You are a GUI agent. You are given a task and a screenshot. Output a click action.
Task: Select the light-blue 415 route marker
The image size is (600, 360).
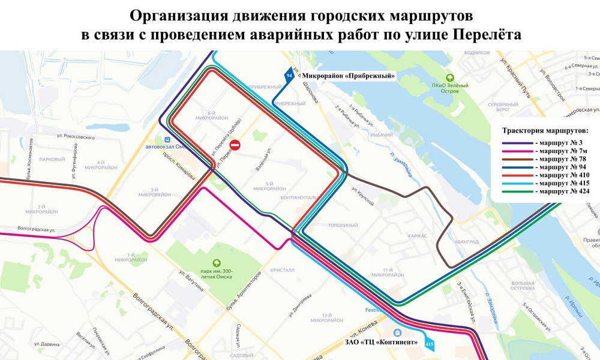coord(428,344)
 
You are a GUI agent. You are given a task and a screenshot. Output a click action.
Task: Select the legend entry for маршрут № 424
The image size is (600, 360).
coord(545,190)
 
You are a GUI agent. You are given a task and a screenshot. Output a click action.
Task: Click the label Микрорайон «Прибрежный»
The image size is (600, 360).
coord(349,76)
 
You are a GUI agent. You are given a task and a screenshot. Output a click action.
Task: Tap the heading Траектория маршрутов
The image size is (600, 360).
coord(545,130)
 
